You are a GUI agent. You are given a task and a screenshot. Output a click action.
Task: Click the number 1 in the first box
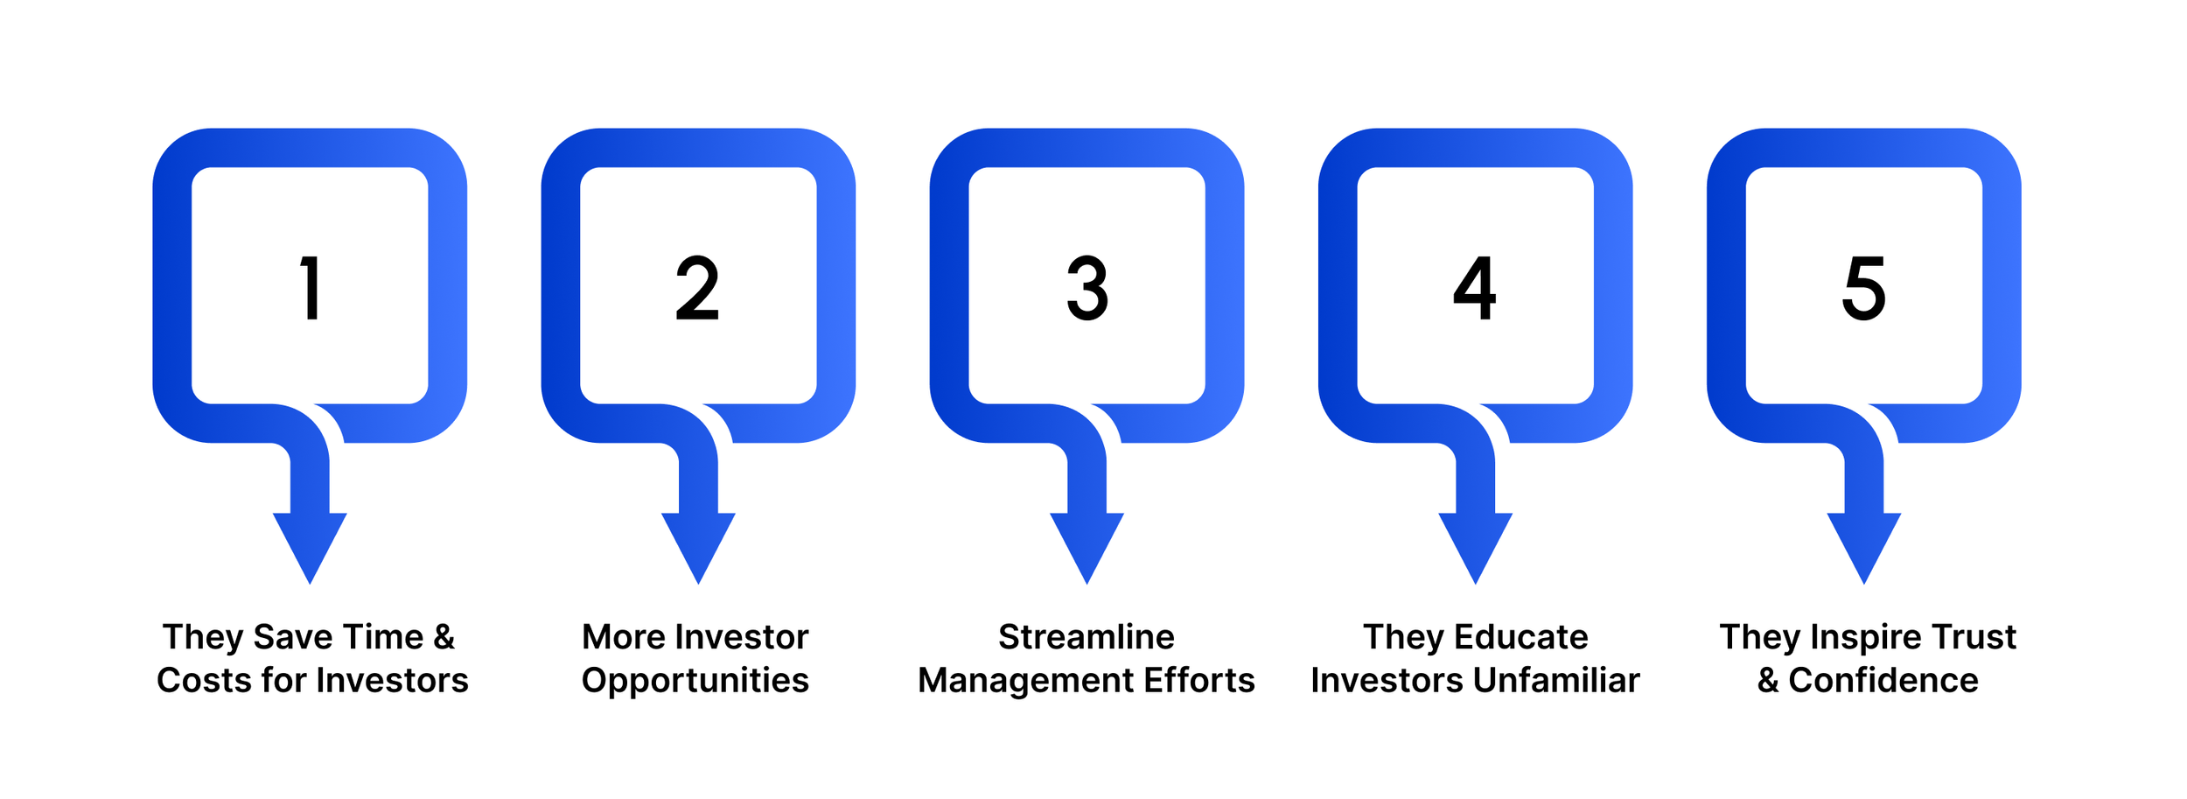pyautogui.click(x=311, y=288)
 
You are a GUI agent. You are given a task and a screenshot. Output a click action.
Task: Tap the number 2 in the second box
pyautogui.click(x=697, y=288)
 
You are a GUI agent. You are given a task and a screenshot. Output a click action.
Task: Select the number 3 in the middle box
pyautogui.click(x=1087, y=288)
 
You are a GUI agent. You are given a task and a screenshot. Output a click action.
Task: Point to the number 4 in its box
pyautogui.click(x=1475, y=288)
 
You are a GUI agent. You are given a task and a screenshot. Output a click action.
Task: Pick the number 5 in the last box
pyautogui.click(x=1863, y=288)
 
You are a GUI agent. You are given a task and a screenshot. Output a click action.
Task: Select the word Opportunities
pyautogui.click(x=695, y=681)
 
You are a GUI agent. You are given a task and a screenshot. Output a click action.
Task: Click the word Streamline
pyautogui.click(x=1087, y=637)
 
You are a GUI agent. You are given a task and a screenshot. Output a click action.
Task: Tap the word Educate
pyautogui.click(x=1520, y=637)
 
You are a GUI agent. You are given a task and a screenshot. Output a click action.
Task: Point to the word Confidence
pyautogui.click(x=1883, y=681)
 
